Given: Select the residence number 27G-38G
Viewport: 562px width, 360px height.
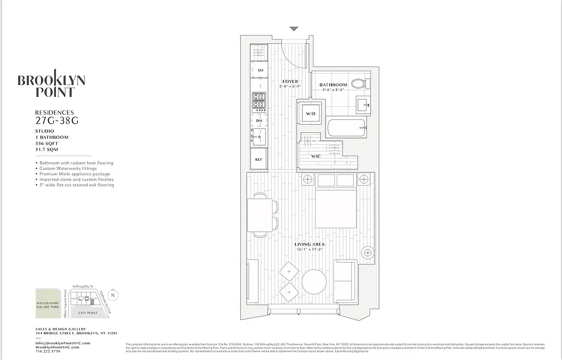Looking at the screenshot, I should pos(54,120).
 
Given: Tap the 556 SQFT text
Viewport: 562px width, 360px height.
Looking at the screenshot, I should pos(47,143).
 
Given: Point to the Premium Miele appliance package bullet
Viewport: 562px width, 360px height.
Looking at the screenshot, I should pos(75,174).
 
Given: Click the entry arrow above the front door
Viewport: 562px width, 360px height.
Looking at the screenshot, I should pos(294,29).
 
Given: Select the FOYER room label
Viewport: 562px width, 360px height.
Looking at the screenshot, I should pos(290,81).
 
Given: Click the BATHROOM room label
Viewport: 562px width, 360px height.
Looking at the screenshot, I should pos(333,85).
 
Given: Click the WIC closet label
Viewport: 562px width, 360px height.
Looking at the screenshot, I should pos(316,156).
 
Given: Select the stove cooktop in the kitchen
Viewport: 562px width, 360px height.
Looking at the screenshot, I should pos(259,102).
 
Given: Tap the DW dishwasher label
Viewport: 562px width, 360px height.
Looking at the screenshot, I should pos(259,121).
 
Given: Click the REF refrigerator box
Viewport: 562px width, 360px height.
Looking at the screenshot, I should pos(259,159).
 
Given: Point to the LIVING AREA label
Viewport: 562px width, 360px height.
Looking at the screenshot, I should pos(309,244).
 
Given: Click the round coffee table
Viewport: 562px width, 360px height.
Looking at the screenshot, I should pos(314,282).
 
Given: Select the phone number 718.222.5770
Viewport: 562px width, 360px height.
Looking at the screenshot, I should pos(48,351).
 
